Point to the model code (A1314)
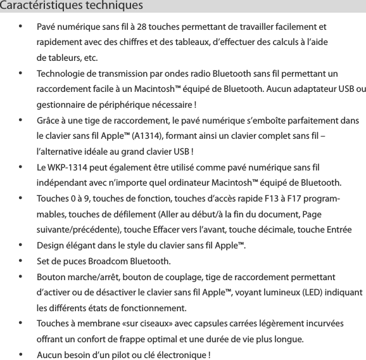[x=149, y=136]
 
